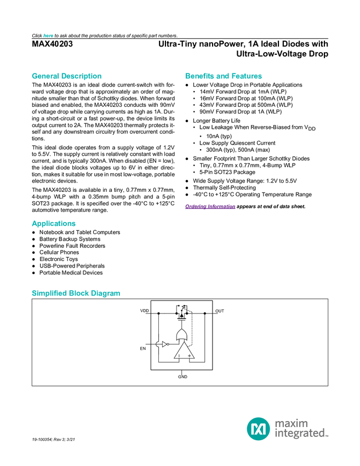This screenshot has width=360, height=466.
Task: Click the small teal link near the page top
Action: click(48, 36)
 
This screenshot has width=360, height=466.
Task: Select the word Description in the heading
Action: click(82, 76)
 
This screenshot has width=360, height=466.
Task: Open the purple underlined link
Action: click(210, 207)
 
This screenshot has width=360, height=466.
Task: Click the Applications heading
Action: click(53, 224)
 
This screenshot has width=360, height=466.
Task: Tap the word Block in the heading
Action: click(79, 293)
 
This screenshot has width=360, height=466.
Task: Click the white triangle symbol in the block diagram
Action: click(165, 344)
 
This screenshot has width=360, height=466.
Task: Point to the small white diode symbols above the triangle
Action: click(181, 314)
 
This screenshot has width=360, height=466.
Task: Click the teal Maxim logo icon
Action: click(258, 428)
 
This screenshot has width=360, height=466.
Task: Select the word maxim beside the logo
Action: click(292, 423)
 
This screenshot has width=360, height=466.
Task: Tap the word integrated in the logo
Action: click(299, 434)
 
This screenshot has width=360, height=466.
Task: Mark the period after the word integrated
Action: click(328, 436)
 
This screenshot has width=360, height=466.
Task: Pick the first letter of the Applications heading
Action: click(33, 224)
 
